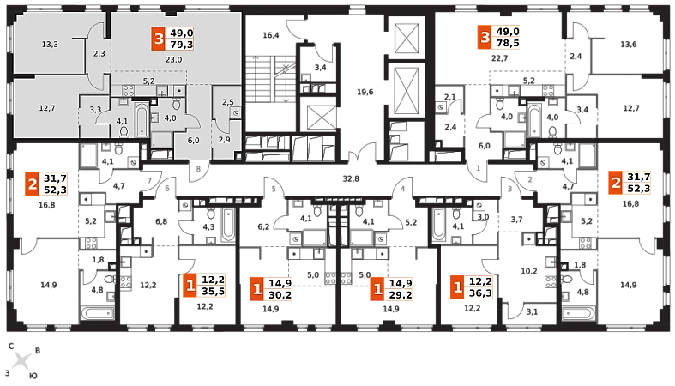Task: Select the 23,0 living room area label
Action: coord(173,59)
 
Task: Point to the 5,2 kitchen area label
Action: coord(148,81)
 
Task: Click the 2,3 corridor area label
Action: coord(99,54)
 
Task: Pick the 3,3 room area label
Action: coord(95,110)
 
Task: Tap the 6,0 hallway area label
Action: coord(193,141)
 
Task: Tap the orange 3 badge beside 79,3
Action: coord(157,39)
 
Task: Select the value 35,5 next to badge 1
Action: coord(213,291)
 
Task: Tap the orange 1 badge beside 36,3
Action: coord(457,286)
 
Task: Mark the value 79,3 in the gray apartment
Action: coord(182,45)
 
